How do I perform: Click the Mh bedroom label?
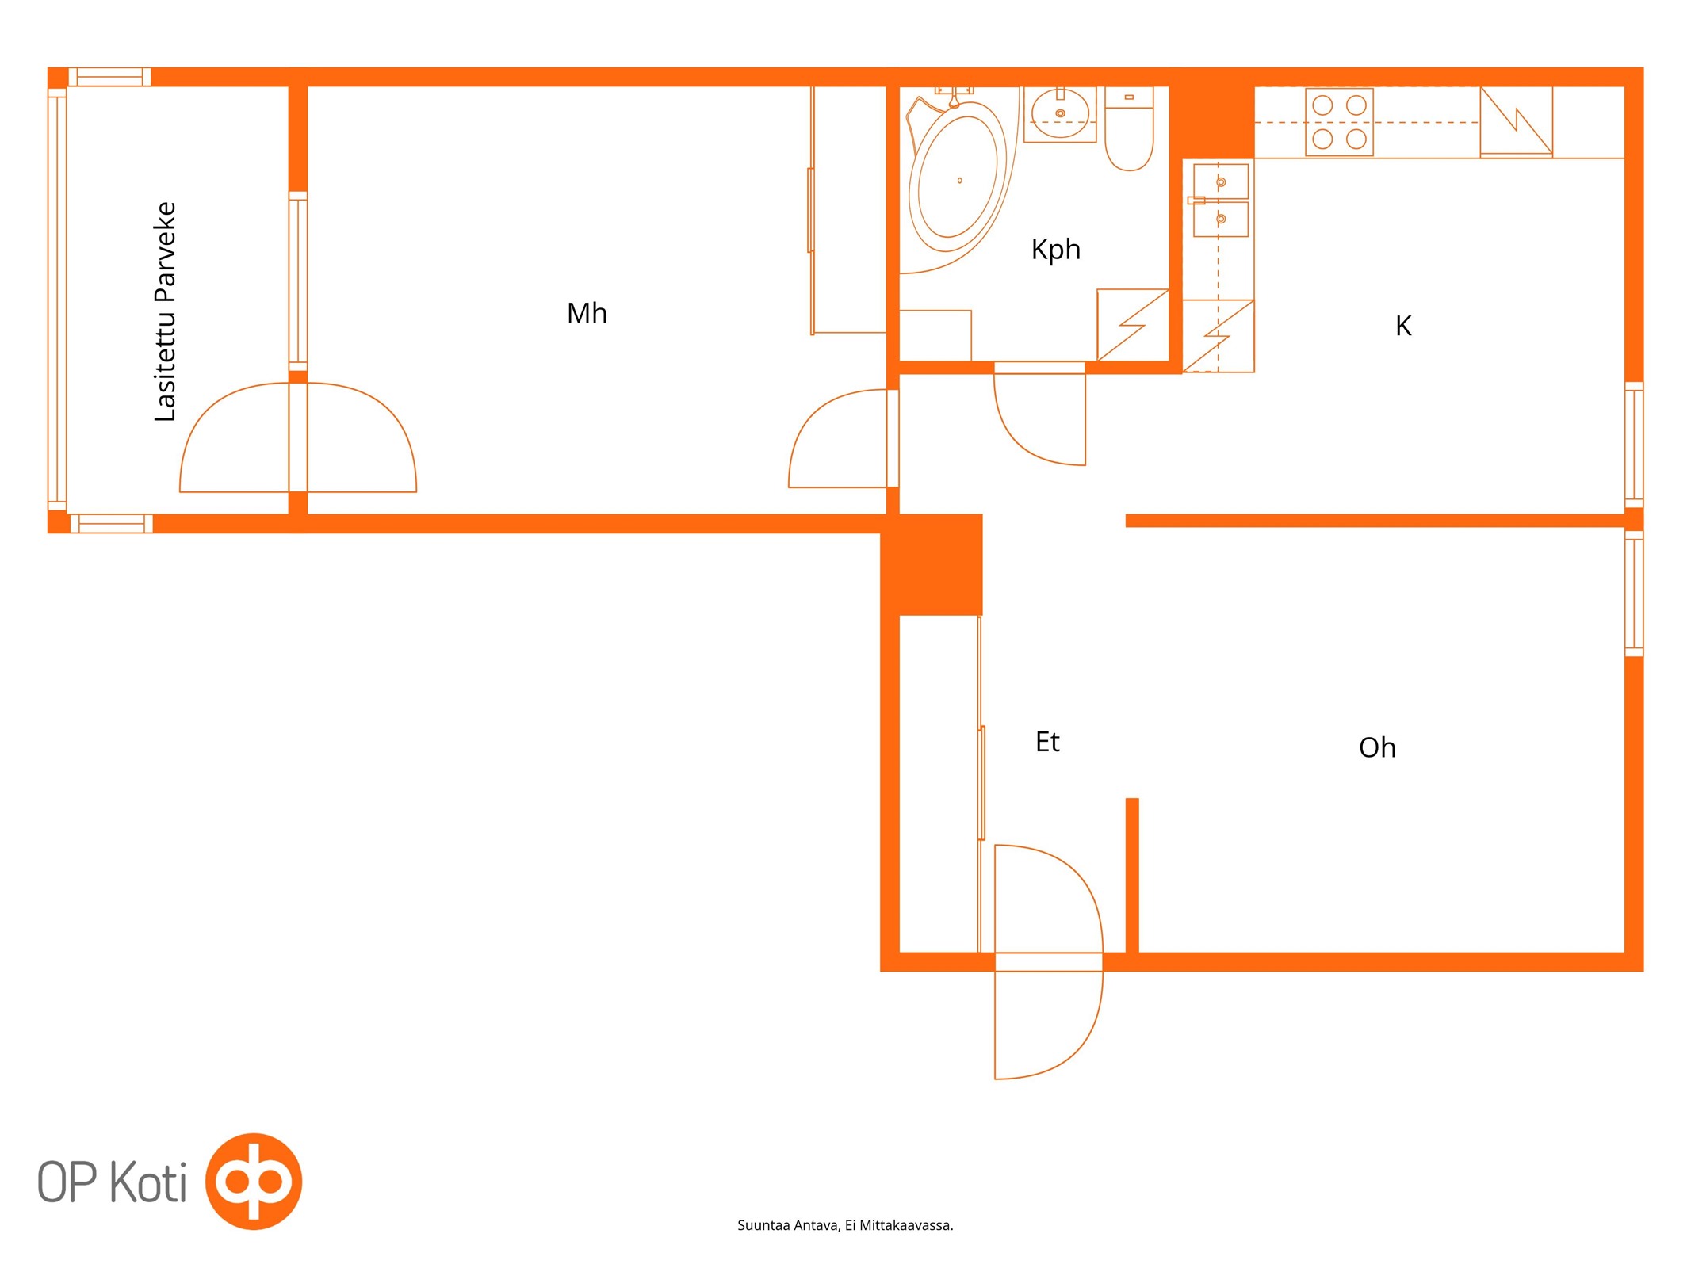pyautogui.click(x=587, y=313)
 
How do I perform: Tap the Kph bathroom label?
pyautogui.click(x=1055, y=250)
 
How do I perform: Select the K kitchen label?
pyautogui.click(x=1403, y=326)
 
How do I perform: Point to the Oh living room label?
pyautogui.click(x=1377, y=747)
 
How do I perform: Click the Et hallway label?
pyautogui.click(x=1047, y=742)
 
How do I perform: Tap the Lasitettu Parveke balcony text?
pyautogui.click(x=165, y=311)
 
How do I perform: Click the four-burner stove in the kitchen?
pyautogui.click(x=1339, y=122)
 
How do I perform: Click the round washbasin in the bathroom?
pyautogui.click(x=1060, y=114)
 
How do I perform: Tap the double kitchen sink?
pyautogui.click(x=1220, y=200)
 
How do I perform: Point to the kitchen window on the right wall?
pyautogui.click(x=1633, y=445)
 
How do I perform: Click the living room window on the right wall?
pyautogui.click(x=1633, y=594)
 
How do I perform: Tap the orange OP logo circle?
pyautogui.click(x=254, y=1181)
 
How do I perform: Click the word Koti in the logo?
pyautogui.click(x=147, y=1182)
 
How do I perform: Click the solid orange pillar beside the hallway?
pyautogui.click(x=932, y=564)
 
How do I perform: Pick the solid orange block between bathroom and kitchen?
pyautogui.click(x=1212, y=113)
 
